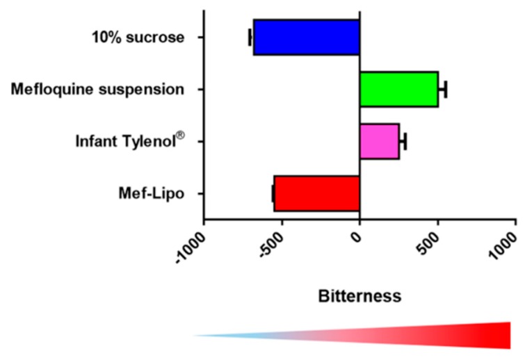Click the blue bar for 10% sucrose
click(x=307, y=37)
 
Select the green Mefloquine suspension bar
click(x=398, y=90)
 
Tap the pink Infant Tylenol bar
click(x=380, y=142)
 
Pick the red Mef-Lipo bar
click(x=316, y=194)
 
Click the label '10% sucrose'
click(x=138, y=37)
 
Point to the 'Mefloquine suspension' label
click(x=97, y=90)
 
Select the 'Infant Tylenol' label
click(x=130, y=140)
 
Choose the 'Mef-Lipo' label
click(x=152, y=193)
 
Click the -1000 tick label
click(x=190, y=248)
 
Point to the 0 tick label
click(x=357, y=237)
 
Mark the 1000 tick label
click(x=504, y=245)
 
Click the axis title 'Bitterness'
click(x=360, y=296)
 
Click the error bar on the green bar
click(x=443, y=90)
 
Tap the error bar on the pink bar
click(x=403, y=142)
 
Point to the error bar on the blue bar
click(x=251, y=37)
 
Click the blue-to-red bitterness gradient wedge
click(x=352, y=335)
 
